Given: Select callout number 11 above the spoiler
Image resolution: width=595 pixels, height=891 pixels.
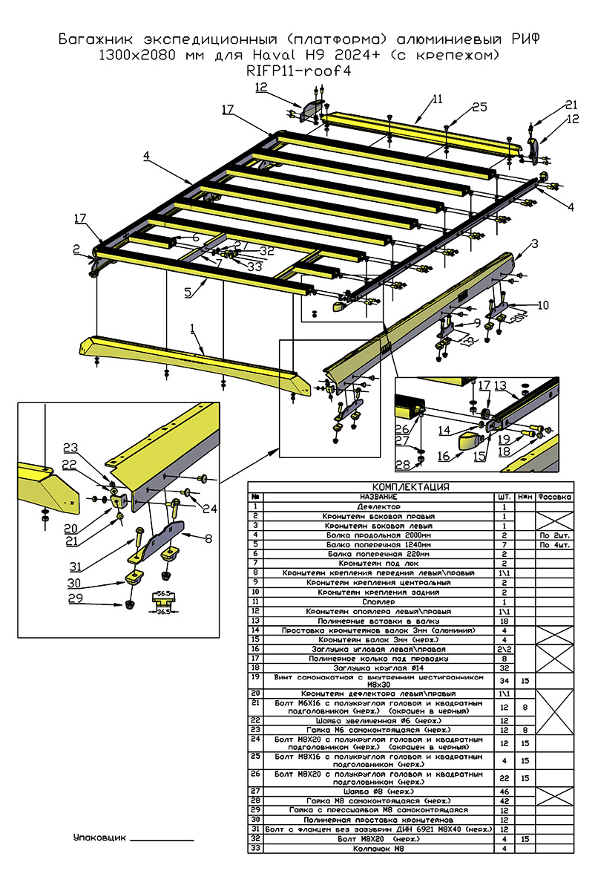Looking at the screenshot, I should coord(437,98).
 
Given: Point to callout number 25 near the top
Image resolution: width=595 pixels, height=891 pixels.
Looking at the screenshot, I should coord(479,108).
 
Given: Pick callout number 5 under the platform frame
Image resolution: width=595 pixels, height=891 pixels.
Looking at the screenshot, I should coord(188,293).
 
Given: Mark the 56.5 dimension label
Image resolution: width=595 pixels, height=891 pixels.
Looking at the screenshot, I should coord(163,594).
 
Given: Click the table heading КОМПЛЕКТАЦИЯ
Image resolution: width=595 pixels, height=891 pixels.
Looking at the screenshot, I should coord(410,487).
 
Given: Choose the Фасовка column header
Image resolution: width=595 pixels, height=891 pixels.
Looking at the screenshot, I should coord(555,496).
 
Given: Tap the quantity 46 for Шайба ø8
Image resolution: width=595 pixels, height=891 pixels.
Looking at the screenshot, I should coord(504,792).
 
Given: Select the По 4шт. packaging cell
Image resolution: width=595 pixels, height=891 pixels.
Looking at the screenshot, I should coord(555,544).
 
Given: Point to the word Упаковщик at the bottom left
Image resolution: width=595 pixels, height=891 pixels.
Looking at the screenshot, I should coord(100,837).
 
